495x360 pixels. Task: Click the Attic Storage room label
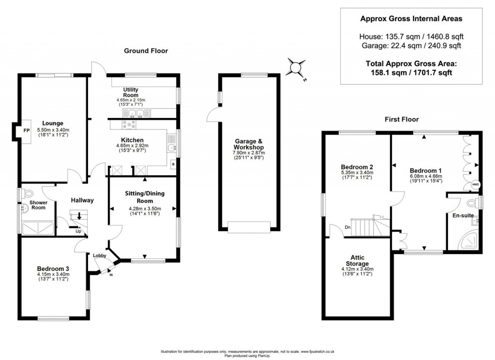click(x=357, y=260)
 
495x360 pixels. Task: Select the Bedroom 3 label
click(x=53, y=269)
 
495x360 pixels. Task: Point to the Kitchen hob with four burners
click(x=131, y=125)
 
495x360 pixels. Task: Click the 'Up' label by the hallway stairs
click(x=78, y=231)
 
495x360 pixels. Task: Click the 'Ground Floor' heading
click(x=146, y=51)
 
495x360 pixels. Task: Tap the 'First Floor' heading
click(x=401, y=119)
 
